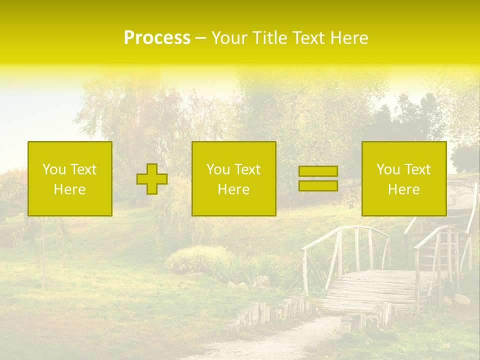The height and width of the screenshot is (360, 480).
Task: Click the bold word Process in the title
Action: [157, 38]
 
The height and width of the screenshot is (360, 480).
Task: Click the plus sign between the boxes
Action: [152, 179]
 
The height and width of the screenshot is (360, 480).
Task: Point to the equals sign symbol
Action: [318, 178]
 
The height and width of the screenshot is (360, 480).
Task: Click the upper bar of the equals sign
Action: [318, 171]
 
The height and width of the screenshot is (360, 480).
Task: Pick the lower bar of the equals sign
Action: [318, 185]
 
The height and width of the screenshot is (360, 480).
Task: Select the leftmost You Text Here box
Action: [70, 178]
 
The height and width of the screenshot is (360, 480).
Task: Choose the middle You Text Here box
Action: [233, 178]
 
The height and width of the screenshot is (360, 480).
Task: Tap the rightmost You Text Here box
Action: [404, 178]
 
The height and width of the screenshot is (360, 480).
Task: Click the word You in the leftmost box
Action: [54, 169]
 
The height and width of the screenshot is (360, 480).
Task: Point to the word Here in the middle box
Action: [233, 189]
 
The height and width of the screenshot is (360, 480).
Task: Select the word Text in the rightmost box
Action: [417, 169]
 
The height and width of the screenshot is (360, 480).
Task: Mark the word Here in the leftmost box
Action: [70, 189]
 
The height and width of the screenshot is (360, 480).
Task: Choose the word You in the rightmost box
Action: [388, 169]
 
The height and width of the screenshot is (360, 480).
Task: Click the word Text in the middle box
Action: [247, 169]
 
